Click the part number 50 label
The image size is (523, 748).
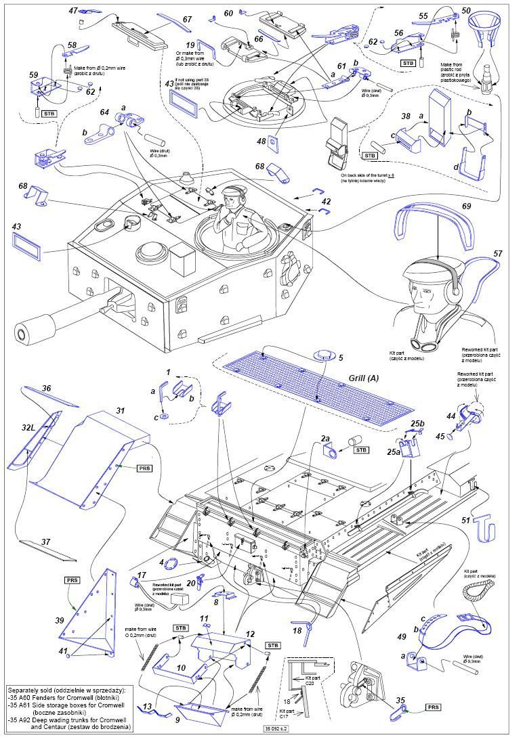pos(467,11)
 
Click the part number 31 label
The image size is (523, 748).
pos(120,410)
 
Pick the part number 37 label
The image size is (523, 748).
pos(45,542)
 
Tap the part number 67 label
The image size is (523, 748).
pos(187,20)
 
